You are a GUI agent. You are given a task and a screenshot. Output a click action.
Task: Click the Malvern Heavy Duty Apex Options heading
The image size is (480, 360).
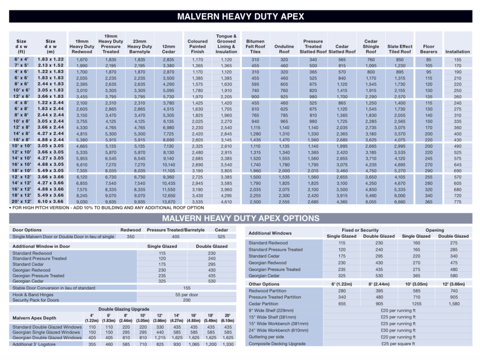[240, 218]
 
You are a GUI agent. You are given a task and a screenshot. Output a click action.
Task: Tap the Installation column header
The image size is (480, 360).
[457, 52]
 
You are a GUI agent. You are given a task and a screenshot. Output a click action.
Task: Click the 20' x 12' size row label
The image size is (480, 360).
[21, 201]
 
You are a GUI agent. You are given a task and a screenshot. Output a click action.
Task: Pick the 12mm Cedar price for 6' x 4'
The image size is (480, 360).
[168, 60]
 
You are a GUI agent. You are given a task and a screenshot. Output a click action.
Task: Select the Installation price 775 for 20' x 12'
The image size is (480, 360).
[457, 201]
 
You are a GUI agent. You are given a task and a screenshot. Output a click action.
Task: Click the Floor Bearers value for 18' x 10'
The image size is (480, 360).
[428, 171]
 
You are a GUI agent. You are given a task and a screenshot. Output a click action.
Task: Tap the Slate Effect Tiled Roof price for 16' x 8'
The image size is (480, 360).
[399, 140]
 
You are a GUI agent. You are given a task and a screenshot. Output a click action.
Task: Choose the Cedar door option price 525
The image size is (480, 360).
[221, 237]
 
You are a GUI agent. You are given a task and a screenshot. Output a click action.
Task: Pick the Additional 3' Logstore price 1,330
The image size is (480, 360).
[227, 344]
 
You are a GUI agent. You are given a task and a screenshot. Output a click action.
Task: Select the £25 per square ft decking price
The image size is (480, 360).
[397, 344]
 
